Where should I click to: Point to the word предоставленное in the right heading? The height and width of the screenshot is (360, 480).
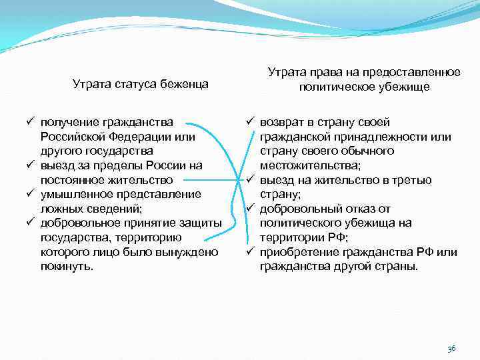click(x=417, y=72)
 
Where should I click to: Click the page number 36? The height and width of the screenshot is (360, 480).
click(x=451, y=349)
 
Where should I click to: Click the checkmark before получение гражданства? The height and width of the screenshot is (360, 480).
click(x=31, y=122)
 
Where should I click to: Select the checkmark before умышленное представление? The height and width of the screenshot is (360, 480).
click(x=31, y=194)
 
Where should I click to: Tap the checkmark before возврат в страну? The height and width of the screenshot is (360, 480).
click(x=250, y=122)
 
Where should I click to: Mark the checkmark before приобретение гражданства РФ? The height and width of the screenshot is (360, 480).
click(x=250, y=252)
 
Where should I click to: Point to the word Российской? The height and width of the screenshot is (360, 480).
click(x=70, y=137)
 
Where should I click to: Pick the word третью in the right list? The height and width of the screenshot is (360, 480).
click(x=415, y=180)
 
